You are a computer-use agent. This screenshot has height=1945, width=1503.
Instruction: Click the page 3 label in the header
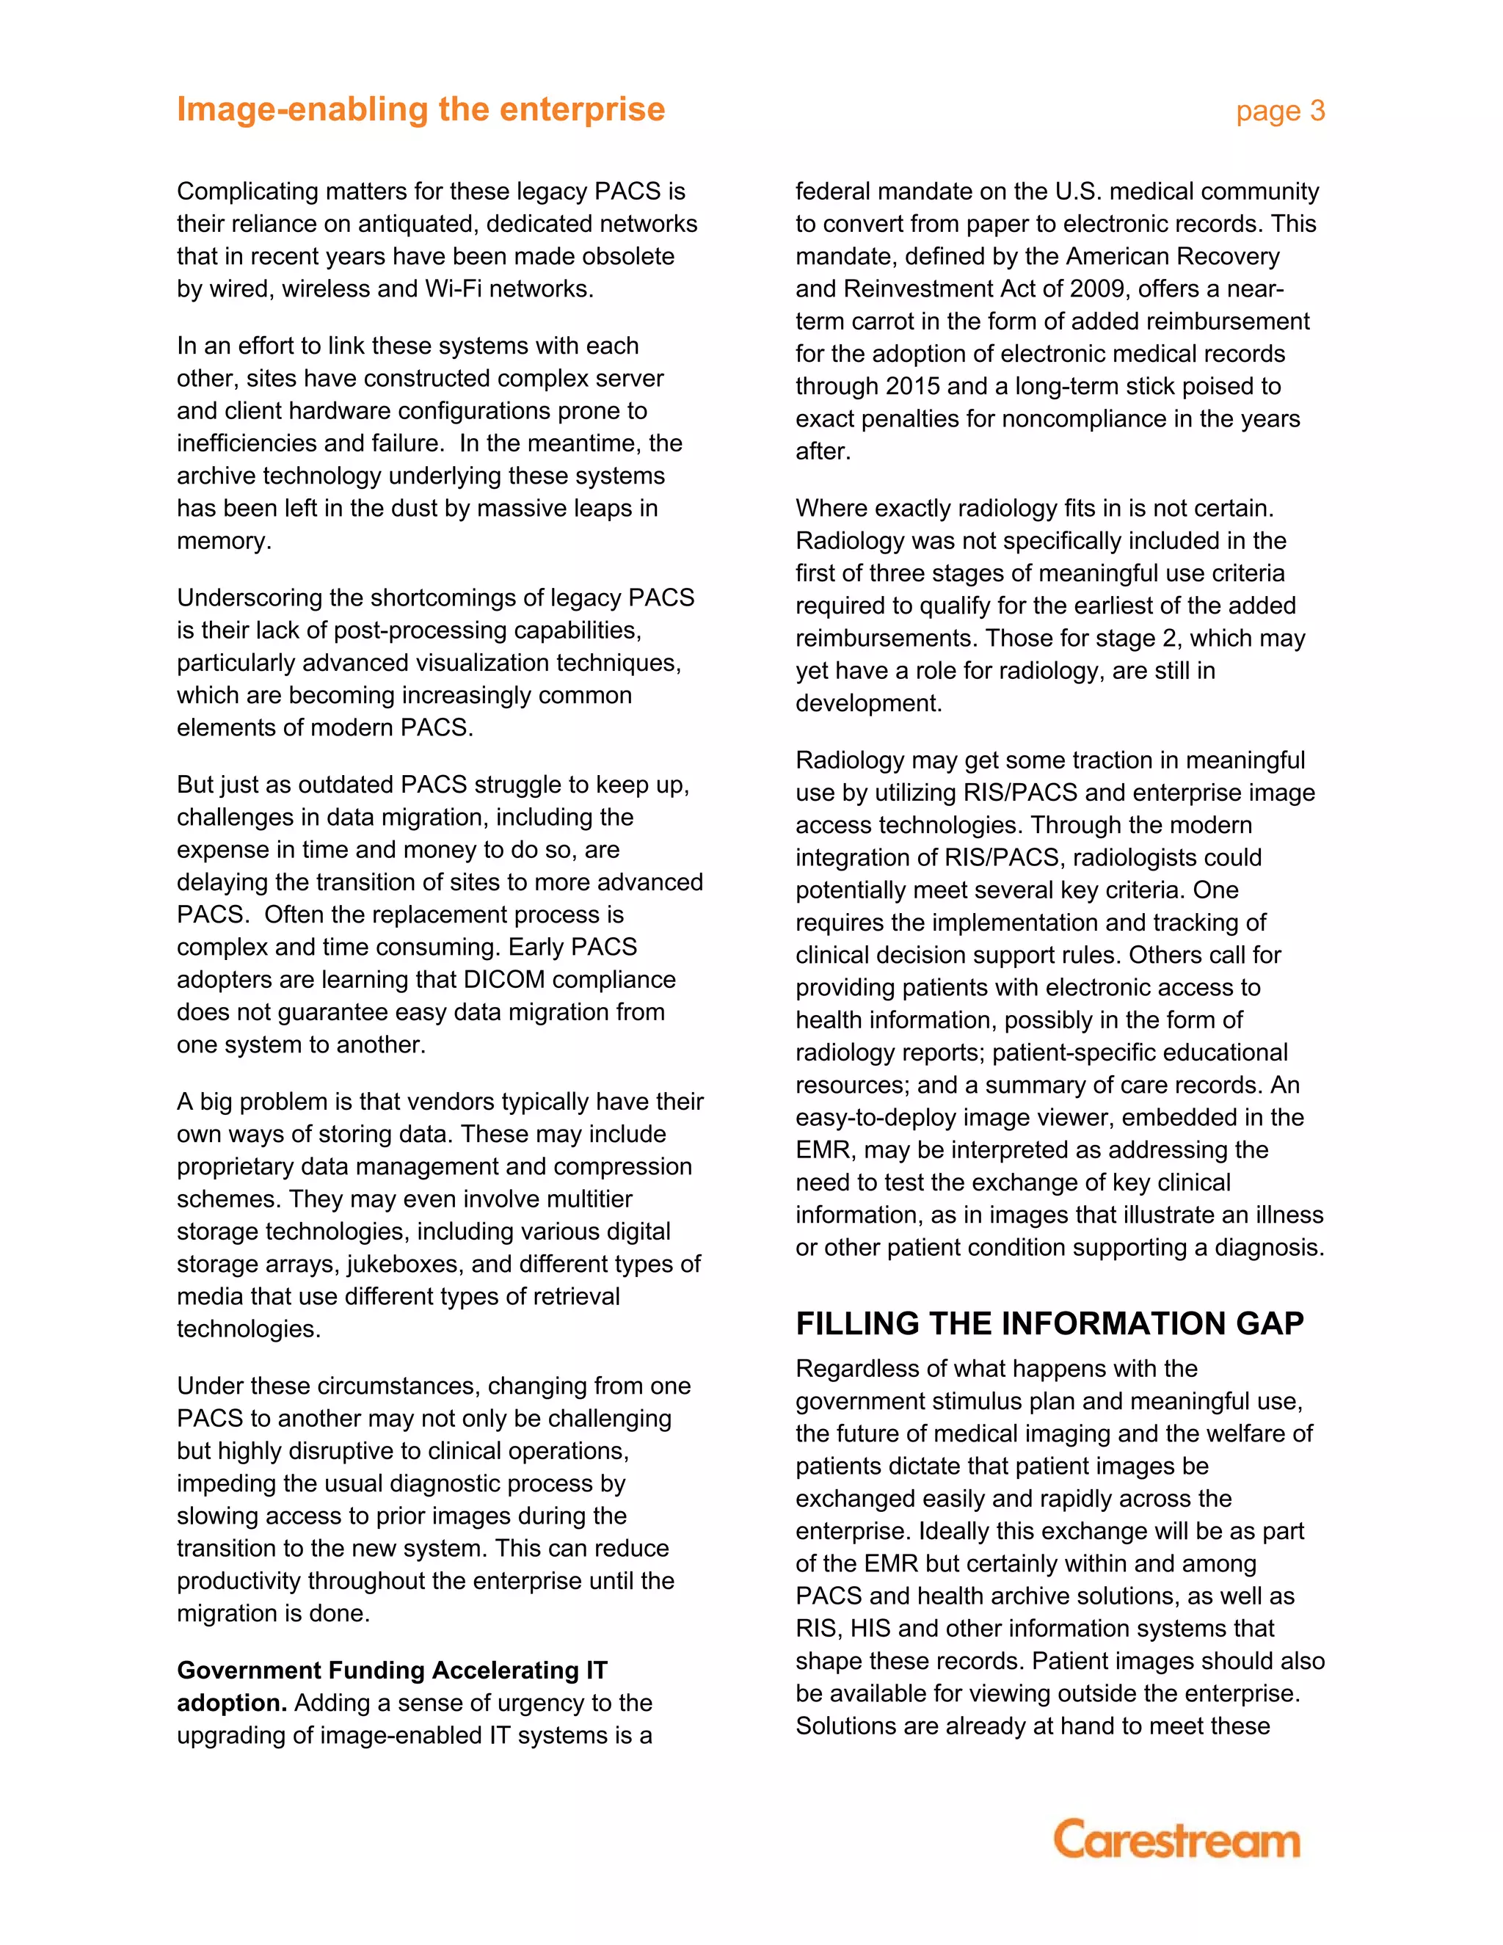pyautogui.click(x=1279, y=112)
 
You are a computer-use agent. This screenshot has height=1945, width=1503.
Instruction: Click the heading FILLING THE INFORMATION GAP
pyautogui.click(x=1049, y=1323)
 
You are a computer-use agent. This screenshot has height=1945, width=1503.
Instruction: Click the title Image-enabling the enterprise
pyautogui.click(x=421, y=109)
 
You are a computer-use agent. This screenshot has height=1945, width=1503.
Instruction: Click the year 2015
pyautogui.click(x=915, y=387)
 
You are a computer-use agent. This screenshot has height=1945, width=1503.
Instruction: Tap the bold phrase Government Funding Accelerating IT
pyautogui.click(x=392, y=1670)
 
